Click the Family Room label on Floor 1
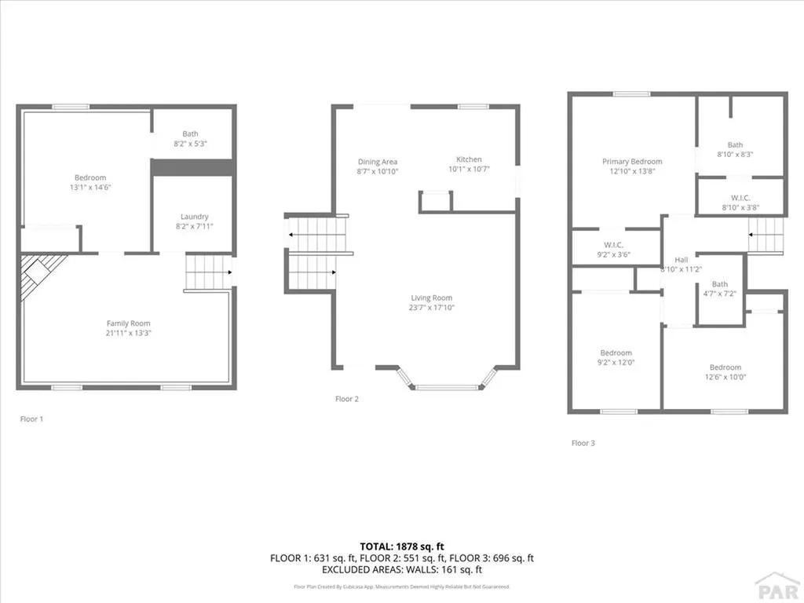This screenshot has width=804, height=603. coord(129,323)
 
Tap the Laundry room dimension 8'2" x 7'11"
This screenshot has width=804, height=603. coord(194,226)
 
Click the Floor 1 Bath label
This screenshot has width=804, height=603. coord(191,133)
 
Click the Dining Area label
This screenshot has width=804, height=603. coord(378,162)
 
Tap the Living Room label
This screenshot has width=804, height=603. coord(431,298)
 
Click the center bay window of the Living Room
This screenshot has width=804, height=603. coord(446,387)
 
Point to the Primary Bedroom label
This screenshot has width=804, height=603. coord(632,162)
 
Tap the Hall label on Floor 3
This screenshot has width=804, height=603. coord(680,260)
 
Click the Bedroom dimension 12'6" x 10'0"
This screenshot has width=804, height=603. coord(725,377)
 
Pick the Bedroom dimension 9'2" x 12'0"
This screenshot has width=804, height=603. coord(616,363)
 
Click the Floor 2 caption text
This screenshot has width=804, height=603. coord(346,399)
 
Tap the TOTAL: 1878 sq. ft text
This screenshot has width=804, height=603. coord(402,546)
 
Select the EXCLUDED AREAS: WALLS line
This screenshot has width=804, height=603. coord(402,569)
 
